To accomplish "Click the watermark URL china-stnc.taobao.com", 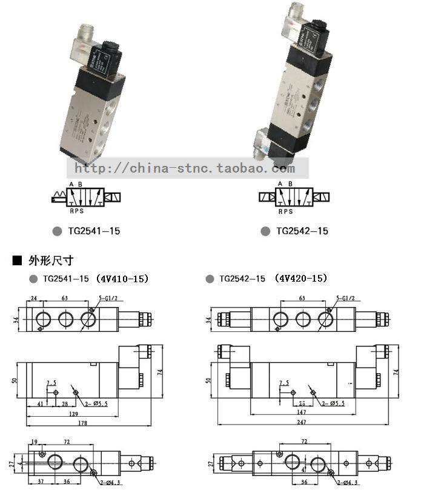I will pyautogui.click(x=190, y=168).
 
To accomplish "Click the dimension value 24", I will pyautogui.click(x=34, y=298).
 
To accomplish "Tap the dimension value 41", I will pyautogui.click(x=40, y=403).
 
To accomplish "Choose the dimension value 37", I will pyautogui.click(x=39, y=482).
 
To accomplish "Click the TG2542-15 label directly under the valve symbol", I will pyautogui.click(x=302, y=231).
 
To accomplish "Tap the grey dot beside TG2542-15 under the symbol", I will pyautogui.click(x=265, y=231).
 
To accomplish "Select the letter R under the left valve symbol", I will pyautogui.click(x=71, y=212).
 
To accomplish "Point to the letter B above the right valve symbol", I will pyautogui.click(x=290, y=184).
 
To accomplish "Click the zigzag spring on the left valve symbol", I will pyautogui.click(x=59, y=197).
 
